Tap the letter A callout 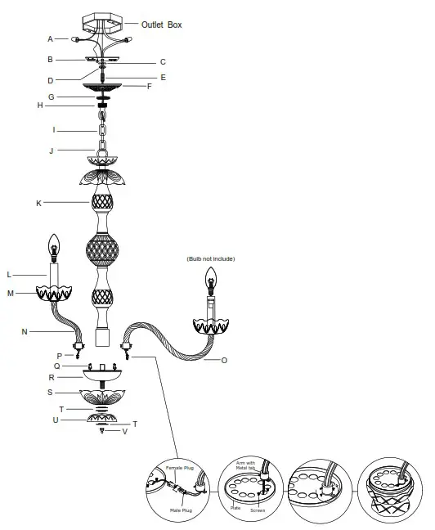(x=51, y=38)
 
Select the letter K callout (x=38, y=201)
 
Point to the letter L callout (x=32, y=274)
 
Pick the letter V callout (x=124, y=431)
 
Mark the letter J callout (x=51, y=150)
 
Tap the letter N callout (x=25, y=331)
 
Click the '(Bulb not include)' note (x=210, y=258)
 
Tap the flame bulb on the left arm (x=55, y=245)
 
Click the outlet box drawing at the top (x=104, y=20)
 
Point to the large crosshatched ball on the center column (x=105, y=248)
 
